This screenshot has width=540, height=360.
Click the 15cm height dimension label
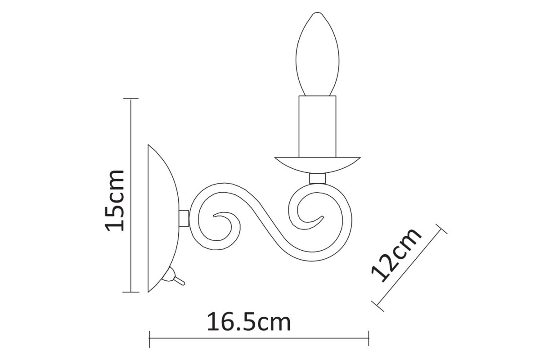[114, 201]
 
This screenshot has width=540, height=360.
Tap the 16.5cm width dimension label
[249, 322]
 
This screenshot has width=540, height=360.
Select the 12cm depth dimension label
[396, 255]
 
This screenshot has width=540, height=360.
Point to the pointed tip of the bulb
[318, 12]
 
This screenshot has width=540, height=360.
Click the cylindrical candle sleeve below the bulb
[317, 126]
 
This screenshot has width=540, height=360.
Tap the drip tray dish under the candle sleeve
[318, 165]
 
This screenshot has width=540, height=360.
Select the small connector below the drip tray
[318, 179]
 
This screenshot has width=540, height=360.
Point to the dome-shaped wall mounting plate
[163, 218]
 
